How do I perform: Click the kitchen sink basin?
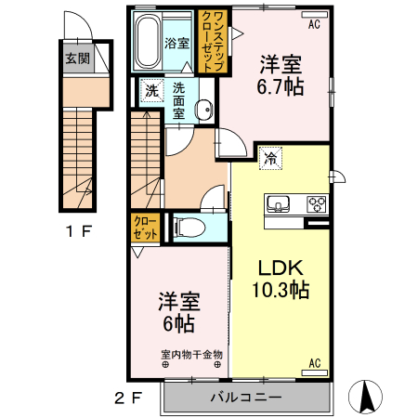point(279,204)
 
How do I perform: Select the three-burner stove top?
point(315,204)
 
